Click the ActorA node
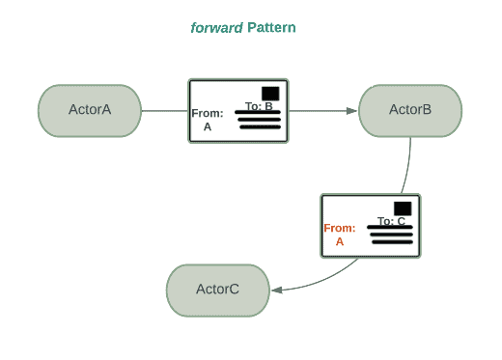[90, 110]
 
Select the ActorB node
[409, 110]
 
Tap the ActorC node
[217, 290]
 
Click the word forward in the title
[216, 28]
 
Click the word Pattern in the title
[271, 28]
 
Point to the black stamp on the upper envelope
[270, 93]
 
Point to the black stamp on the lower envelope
[403, 208]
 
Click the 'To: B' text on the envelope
[258, 106]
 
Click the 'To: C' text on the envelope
[391, 221]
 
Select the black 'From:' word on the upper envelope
[208, 113]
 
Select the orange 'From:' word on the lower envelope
[340, 228]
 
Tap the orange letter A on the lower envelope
[340, 242]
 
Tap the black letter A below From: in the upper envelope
[208, 126]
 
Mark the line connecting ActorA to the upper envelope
[164, 110]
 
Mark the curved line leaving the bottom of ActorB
[405, 169]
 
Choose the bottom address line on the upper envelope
[259, 127]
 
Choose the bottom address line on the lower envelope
[391, 242]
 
